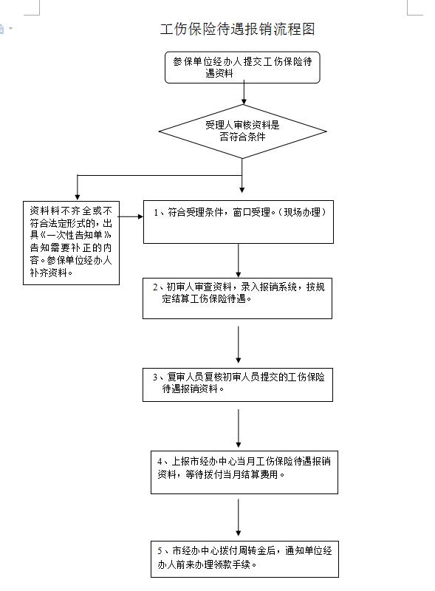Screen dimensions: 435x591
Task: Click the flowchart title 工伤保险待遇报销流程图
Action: click(x=238, y=29)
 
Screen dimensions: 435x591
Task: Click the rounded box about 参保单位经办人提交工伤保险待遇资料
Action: click(x=242, y=67)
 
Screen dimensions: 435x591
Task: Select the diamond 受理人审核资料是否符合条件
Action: click(x=242, y=131)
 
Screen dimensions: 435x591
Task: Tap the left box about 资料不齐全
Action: click(x=71, y=243)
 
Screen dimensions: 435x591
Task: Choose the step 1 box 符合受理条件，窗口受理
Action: click(x=239, y=222)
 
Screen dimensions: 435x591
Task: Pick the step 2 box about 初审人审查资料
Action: click(x=238, y=298)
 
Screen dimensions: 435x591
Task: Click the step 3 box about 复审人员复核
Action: click(x=238, y=385)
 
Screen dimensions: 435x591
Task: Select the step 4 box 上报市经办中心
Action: click(x=244, y=472)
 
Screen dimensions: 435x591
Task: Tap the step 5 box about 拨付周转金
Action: click(x=244, y=559)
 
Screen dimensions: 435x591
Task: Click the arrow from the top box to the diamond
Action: click(x=244, y=92)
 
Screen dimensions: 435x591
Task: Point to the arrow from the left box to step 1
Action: click(x=131, y=216)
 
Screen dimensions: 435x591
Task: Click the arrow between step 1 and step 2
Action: click(x=239, y=261)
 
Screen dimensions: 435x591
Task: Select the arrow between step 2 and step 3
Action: click(x=239, y=344)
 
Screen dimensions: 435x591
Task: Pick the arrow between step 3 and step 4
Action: click(x=239, y=428)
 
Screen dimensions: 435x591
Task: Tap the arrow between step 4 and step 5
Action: click(x=239, y=518)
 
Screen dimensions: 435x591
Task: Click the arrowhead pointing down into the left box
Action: click(x=78, y=197)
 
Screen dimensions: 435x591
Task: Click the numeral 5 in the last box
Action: click(x=160, y=551)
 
